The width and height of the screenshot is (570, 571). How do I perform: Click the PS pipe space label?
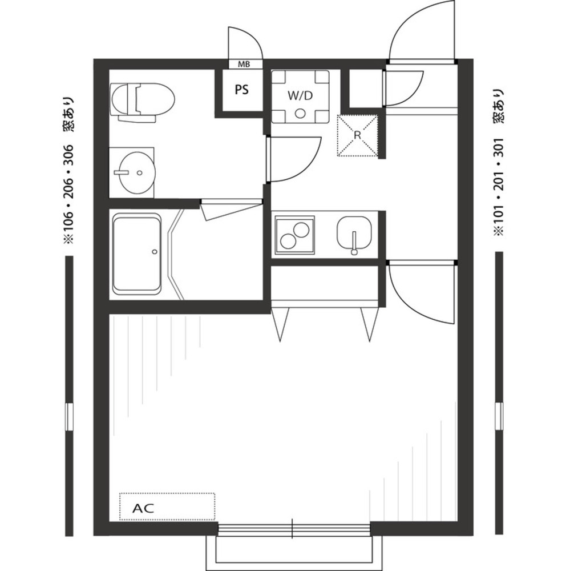point(242,89)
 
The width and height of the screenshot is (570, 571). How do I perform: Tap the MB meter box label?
point(244,65)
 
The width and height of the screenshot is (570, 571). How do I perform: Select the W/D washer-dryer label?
point(300,96)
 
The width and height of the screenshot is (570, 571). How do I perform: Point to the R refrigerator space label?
point(357,135)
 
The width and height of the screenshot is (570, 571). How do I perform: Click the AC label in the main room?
point(143,508)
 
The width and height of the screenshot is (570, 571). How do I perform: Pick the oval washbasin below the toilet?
point(138,172)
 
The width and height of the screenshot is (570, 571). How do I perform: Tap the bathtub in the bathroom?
point(137,254)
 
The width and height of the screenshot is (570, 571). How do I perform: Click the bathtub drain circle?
point(155,251)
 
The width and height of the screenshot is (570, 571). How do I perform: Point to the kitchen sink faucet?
point(354,243)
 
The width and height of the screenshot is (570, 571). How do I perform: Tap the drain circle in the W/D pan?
point(300,114)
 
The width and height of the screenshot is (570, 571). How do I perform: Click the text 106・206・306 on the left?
point(68,194)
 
